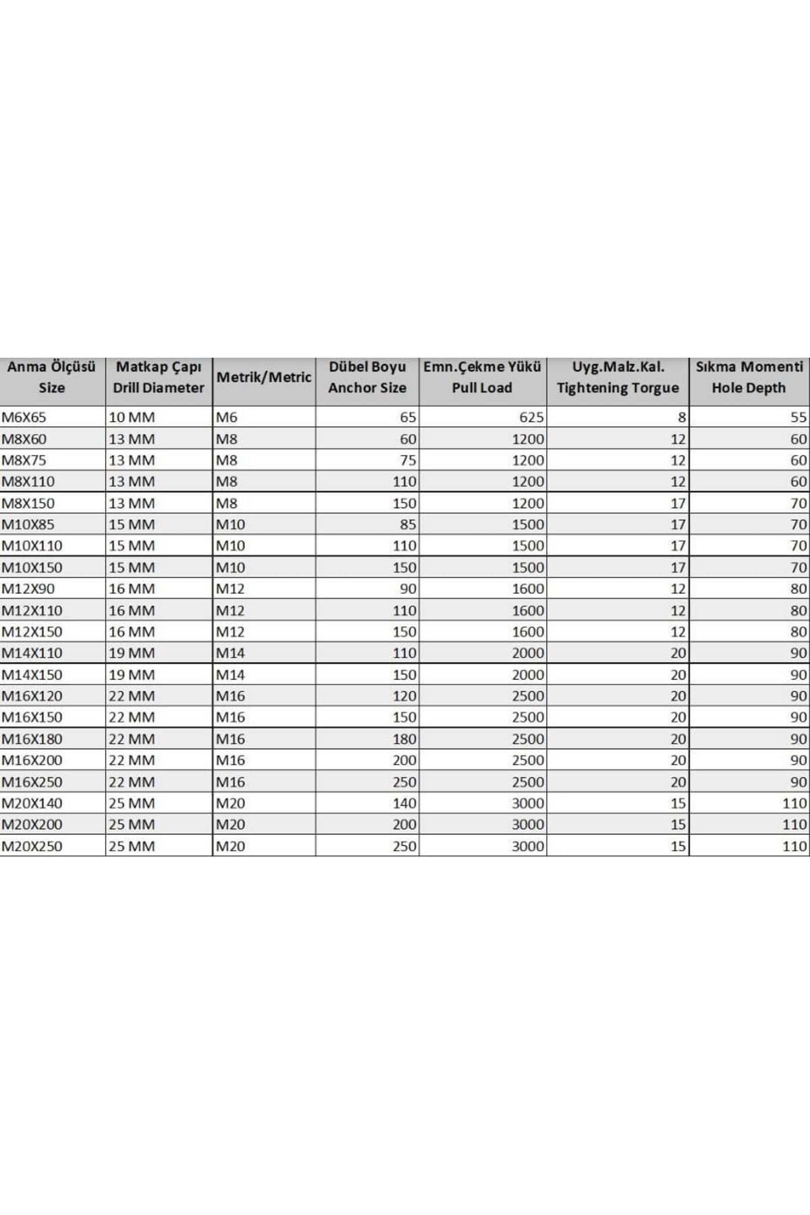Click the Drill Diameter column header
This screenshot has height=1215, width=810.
coord(159,378)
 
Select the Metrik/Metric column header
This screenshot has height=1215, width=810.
coord(264,378)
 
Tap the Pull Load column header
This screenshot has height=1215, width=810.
coord(482,378)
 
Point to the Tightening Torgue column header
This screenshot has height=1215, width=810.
coord(618,378)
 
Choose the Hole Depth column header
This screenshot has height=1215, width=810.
coord(749,378)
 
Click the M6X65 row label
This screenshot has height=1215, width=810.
coord(24,417)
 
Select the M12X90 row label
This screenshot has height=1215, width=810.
coord(28,589)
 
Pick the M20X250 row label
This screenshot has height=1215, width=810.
coord(32,846)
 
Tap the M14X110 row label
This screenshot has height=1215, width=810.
coord(32,653)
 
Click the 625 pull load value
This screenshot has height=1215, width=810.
coord(531,417)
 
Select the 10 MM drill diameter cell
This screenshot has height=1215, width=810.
coord(132,417)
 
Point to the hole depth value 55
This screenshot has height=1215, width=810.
coord(799,417)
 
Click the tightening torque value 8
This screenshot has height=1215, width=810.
coord(682,417)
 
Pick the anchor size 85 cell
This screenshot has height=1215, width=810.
coord(408,524)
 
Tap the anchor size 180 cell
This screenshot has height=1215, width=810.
coord(404,738)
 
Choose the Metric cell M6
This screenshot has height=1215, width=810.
coord(227,417)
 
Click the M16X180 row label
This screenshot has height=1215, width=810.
coord(32,738)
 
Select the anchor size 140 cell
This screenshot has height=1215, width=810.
coord(404,803)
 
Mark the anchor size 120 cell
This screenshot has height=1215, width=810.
coord(404,696)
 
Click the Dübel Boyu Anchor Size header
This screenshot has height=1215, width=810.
coord(367,378)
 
